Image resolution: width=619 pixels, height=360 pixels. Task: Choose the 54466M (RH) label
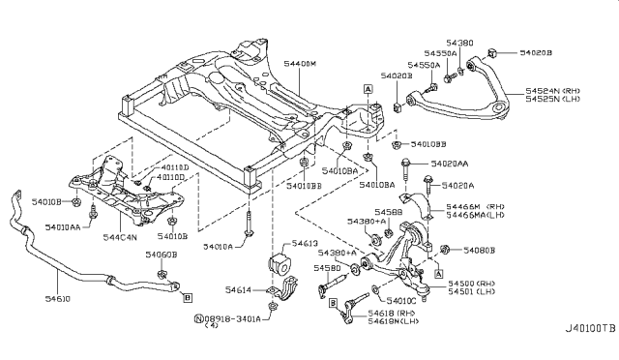pyautogui.click(x=477, y=207)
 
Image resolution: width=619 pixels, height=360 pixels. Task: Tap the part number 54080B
pyautogui.click(x=478, y=251)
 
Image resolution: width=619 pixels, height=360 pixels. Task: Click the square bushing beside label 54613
pyautogui.click(x=277, y=264)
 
